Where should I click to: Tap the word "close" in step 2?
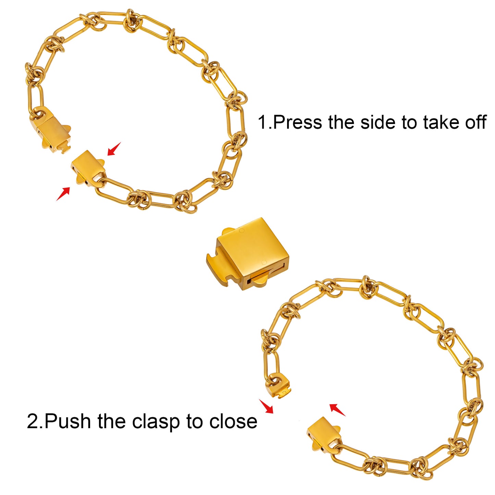(x=233, y=421)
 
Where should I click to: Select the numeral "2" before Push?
(x=33, y=421)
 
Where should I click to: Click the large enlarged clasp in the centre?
(x=248, y=254)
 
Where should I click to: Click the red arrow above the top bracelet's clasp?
(x=114, y=149)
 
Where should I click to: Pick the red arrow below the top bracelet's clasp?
(x=63, y=194)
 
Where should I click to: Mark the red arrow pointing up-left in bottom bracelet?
(x=337, y=410)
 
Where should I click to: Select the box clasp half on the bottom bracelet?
(x=324, y=434)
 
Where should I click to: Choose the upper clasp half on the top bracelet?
(x=51, y=130)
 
